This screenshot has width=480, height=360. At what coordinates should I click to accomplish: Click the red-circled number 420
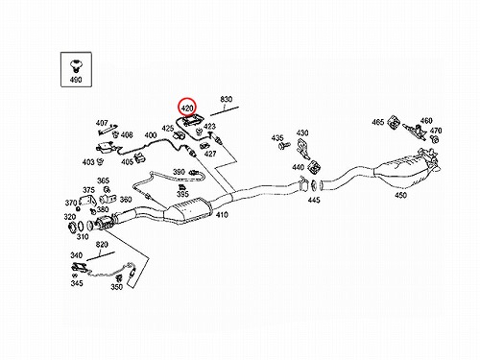[187, 108]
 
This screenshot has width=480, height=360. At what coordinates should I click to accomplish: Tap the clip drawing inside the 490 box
[76, 65]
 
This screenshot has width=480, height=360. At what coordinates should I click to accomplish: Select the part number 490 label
[76, 80]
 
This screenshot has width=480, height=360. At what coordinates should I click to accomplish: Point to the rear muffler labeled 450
[405, 172]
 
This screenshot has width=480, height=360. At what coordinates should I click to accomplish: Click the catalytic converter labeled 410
[188, 210]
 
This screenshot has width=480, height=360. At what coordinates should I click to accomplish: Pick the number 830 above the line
[226, 99]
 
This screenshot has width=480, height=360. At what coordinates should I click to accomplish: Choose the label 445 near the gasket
[314, 200]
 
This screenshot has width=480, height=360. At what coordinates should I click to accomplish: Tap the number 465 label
[378, 122]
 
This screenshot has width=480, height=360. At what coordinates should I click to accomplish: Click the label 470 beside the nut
[436, 131]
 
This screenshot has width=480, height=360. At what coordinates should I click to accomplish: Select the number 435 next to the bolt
[277, 138]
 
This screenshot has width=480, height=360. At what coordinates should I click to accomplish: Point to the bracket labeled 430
[303, 149]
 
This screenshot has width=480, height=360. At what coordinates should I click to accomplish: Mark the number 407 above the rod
[102, 123]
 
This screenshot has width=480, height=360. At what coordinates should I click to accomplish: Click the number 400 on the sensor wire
[151, 135]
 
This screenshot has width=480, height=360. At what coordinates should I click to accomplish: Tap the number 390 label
[179, 172]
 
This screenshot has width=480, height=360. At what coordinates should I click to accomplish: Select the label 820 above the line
[102, 245]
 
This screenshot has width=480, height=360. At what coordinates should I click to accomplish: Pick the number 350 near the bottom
[117, 287]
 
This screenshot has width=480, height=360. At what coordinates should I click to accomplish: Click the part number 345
[77, 283]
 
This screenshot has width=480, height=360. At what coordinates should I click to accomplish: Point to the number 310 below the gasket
[83, 236]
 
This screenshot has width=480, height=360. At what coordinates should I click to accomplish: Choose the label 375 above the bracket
[88, 190]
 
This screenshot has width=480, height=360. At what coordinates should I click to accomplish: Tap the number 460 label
[426, 121]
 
